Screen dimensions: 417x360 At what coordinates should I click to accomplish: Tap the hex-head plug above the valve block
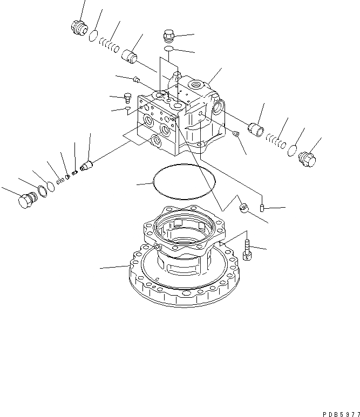pyautogui.click(x=167, y=37)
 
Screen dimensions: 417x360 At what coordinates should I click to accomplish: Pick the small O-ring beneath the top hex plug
pyautogui.click(x=168, y=49)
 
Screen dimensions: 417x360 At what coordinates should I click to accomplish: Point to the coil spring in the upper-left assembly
pyautogui.click(x=111, y=45)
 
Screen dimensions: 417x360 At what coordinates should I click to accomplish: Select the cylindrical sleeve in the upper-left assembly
pyautogui.click(x=130, y=56)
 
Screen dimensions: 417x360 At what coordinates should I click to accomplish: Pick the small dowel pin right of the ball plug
pyautogui.click(x=262, y=207)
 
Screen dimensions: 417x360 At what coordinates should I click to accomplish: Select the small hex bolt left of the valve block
pyautogui.click(x=128, y=98)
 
